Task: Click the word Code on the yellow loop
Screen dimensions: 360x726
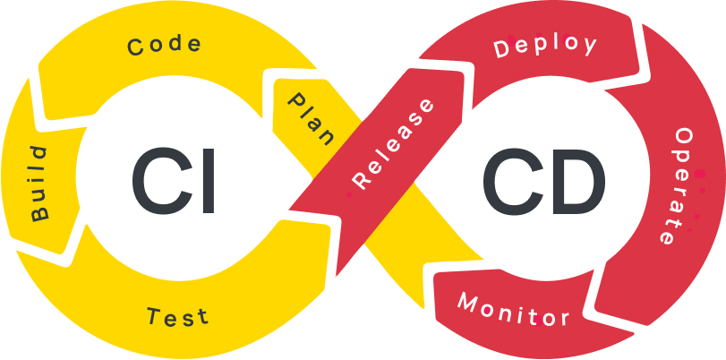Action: click(x=165, y=46)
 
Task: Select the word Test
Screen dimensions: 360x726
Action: click(x=177, y=316)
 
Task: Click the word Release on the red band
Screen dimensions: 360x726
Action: click(x=394, y=144)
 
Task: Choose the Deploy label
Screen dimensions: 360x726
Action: click(x=545, y=47)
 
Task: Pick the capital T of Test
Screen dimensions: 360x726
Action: click(x=153, y=314)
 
